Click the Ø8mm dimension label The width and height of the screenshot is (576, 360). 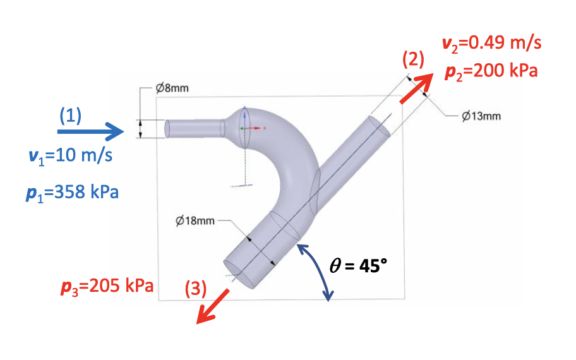(x=172, y=88)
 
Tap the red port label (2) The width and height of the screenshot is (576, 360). (x=413, y=60)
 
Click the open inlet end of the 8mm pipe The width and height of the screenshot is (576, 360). (x=167, y=128)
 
